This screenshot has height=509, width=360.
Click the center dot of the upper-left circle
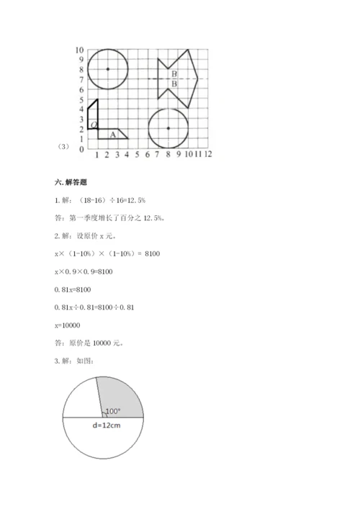point(107,69)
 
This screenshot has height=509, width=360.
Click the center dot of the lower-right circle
point(168,128)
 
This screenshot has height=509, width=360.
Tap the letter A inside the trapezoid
point(112,134)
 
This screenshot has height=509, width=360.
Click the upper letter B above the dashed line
point(174,74)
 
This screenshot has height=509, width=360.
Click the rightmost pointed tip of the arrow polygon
point(198,79)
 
